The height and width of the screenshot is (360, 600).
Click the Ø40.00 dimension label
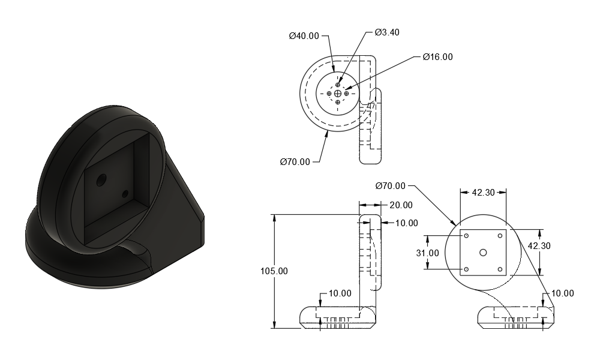coord(304,36)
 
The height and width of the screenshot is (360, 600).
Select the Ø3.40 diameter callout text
coord(387,32)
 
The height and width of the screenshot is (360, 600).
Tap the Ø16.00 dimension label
coord(438,57)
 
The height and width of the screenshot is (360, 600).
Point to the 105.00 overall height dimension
coord(274,271)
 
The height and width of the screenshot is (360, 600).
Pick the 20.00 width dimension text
coord(401,205)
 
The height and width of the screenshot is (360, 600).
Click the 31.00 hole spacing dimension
coord(427,253)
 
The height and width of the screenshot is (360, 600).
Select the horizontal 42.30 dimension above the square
coord(483,193)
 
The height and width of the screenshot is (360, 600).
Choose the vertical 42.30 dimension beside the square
coord(539,246)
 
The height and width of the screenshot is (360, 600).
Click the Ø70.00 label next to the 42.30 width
coord(391,186)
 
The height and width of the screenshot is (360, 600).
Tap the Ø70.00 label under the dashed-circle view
coord(295,162)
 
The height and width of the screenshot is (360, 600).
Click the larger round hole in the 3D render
coord(101,180)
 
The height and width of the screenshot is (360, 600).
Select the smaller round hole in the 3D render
coord(125,194)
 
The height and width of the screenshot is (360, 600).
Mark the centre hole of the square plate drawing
coord(483,253)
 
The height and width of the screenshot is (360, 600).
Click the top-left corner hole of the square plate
coord(466,236)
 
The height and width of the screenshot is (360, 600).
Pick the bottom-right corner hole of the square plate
coord(500,269)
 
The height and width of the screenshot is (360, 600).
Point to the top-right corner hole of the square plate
coord(500,236)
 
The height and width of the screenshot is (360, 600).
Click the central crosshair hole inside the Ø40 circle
coord(337,94)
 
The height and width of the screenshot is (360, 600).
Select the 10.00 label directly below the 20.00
coord(406,223)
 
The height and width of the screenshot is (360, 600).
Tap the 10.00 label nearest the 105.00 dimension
coord(340,293)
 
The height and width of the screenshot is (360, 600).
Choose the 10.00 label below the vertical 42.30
coord(563,293)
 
